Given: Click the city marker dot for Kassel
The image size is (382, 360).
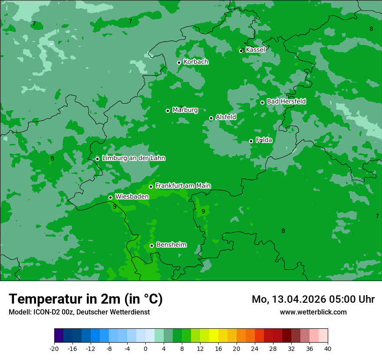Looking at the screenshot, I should coord(242,51).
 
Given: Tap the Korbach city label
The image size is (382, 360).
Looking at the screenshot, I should coord(196,62).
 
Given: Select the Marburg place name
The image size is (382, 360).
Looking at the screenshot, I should coord(185,110).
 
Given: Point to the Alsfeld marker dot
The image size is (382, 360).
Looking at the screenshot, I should coord(211,118).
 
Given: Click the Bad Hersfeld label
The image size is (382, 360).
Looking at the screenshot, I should coord(286,101).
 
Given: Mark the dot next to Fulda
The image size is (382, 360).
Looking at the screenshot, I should coord(251,141).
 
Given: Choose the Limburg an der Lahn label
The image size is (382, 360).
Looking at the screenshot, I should coord(133,158).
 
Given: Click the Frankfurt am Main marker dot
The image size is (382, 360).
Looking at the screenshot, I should coord(151,187).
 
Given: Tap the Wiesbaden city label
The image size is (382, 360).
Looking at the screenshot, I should coord(132,196).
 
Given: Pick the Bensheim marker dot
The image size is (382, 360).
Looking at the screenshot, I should coord(152,245).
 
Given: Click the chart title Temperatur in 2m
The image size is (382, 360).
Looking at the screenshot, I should coord(86,299).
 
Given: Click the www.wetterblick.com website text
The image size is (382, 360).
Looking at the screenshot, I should coord(313,312).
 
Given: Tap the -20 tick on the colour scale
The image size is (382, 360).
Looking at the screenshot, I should coord(54,348).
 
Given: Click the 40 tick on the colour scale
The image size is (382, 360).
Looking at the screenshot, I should coord(328,348).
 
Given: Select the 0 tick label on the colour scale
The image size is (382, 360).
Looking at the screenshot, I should coord(145,348).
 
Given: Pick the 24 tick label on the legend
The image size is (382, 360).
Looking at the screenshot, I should coord(255,348).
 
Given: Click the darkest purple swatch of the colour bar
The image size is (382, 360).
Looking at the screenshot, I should coord(59,336).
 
